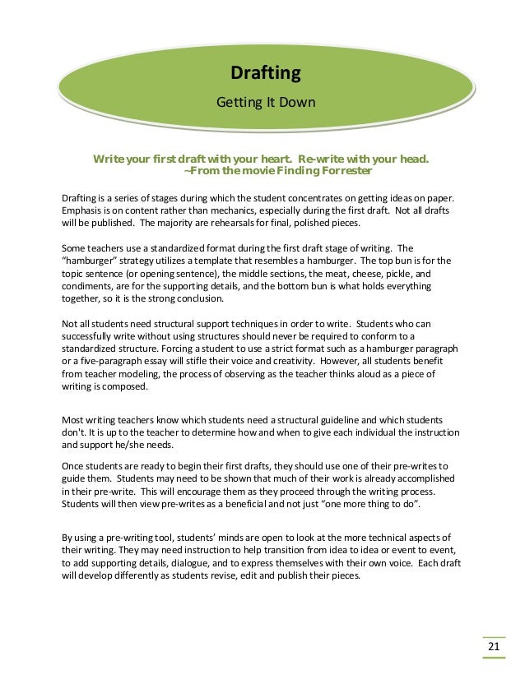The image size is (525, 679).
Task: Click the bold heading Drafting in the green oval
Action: point(265,75)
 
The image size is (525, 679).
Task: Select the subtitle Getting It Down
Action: point(265,103)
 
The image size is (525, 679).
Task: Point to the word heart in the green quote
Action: point(270,158)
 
